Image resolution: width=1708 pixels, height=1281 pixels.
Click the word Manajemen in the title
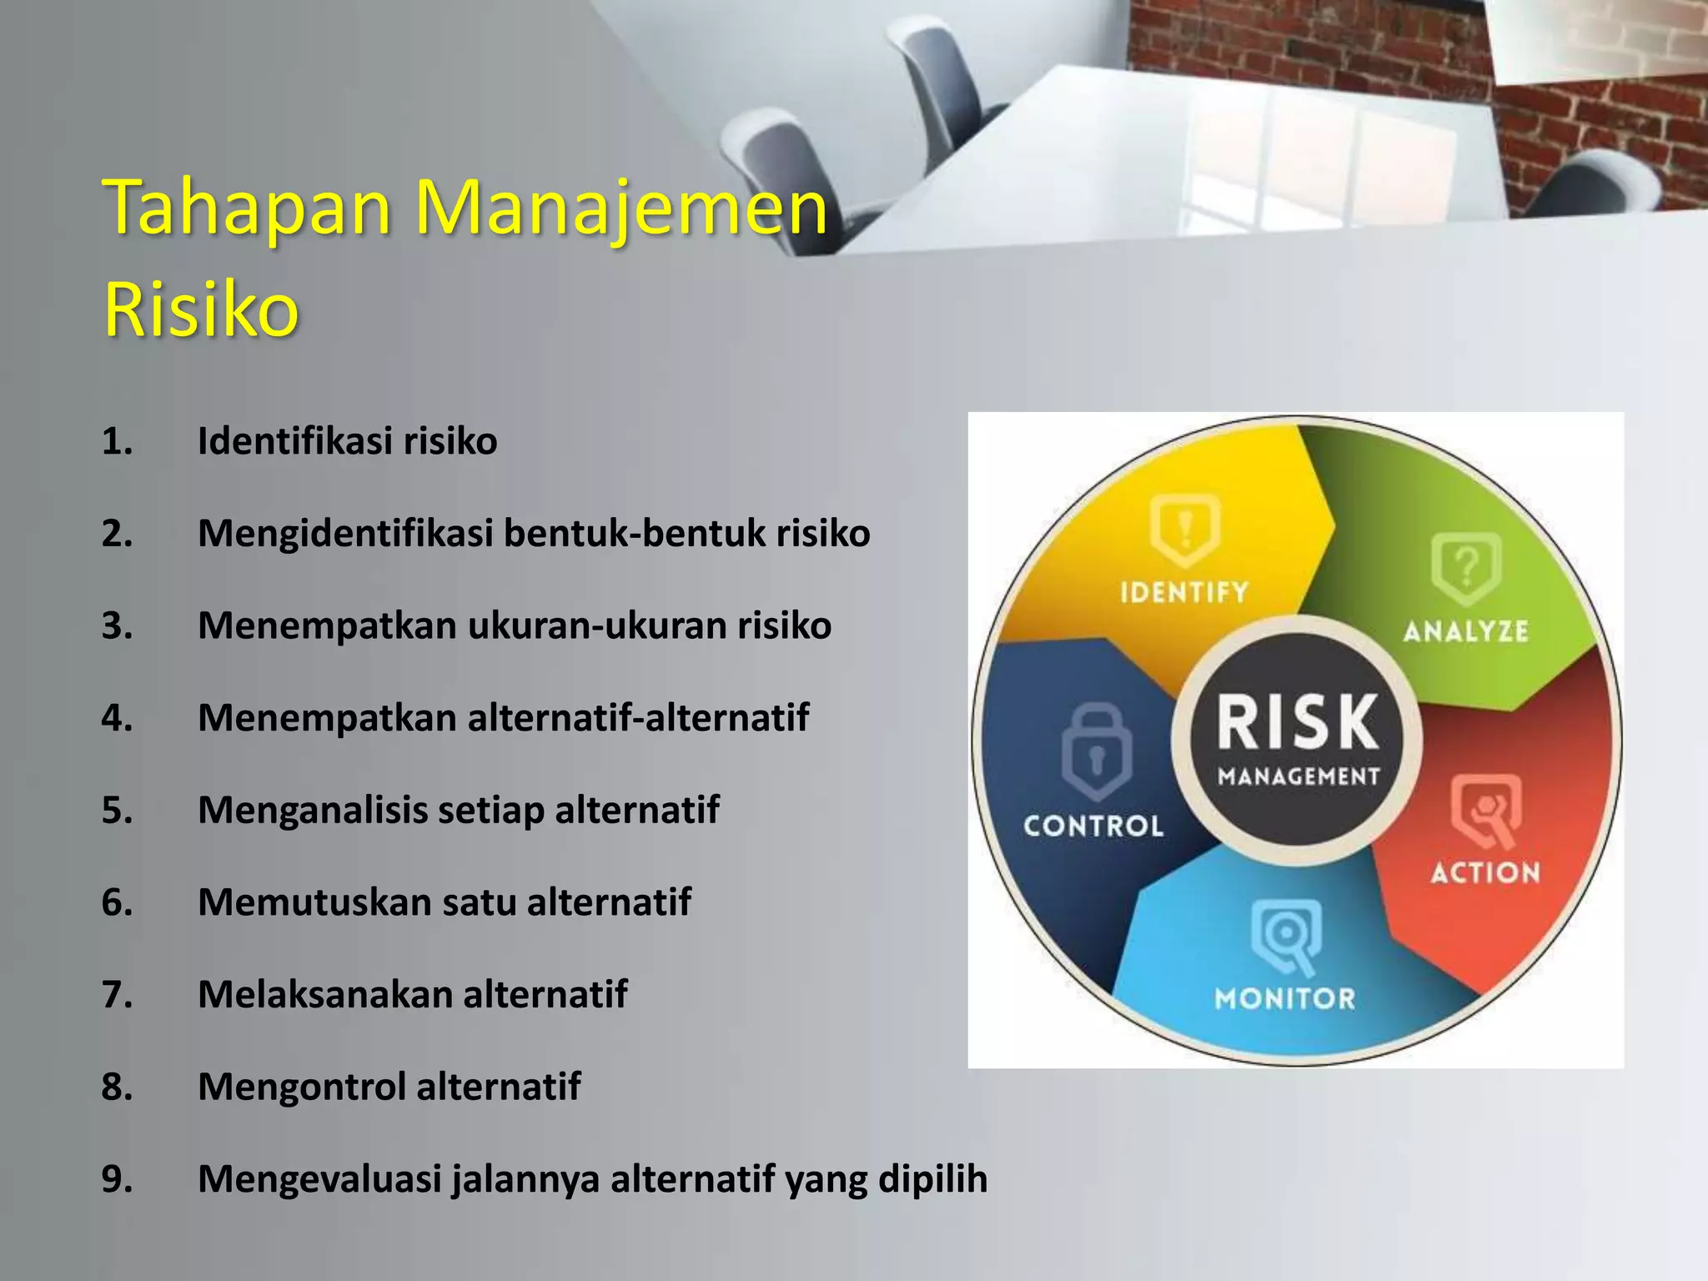620,208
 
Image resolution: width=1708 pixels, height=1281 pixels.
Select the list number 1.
117,441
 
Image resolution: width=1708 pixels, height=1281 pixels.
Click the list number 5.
117,811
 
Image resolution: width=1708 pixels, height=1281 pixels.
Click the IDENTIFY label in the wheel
1184,593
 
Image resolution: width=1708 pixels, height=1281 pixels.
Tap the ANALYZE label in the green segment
1466,631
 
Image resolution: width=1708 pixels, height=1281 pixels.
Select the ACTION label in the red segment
1485,873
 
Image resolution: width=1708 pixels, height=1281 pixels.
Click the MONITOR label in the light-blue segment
1284,998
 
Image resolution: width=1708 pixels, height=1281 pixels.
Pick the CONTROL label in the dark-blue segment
1093,826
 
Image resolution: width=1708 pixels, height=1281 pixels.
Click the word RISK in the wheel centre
1298,722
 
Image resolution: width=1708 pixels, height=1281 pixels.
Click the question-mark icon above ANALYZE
1466,568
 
